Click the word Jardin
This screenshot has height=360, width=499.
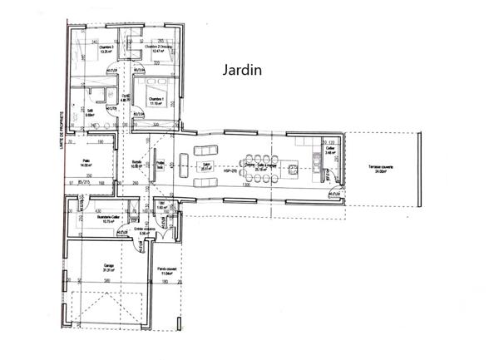click(x=242, y=71)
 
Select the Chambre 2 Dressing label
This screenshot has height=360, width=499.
click(x=158, y=49)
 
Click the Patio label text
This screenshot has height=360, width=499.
click(x=84, y=164)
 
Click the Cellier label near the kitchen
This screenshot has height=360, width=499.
click(x=330, y=150)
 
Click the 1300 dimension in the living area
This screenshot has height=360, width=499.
click(x=247, y=184)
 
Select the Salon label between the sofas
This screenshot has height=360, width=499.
click(x=205, y=165)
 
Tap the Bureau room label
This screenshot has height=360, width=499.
click(x=137, y=164)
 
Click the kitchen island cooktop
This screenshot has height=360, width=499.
click(x=293, y=171)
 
